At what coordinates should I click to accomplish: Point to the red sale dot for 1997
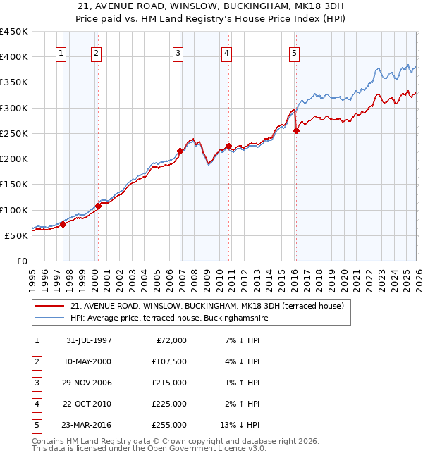click(63, 224)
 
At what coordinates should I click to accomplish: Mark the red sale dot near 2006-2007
click(180, 151)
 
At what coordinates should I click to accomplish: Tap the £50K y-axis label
click(17, 235)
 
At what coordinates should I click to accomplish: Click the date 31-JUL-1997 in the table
click(89, 340)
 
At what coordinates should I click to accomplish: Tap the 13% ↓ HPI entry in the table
click(242, 425)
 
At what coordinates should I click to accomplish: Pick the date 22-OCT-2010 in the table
click(89, 404)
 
